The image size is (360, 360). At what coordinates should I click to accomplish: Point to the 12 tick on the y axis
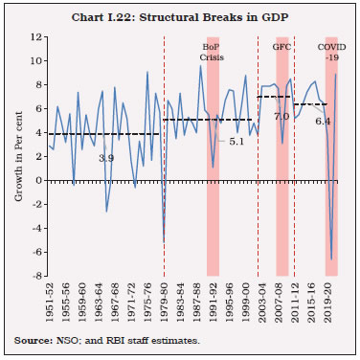[x=35, y=36]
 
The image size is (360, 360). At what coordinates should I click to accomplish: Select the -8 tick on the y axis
[x=35, y=276]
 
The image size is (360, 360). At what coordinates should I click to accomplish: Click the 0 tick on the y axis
[x=37, y=180]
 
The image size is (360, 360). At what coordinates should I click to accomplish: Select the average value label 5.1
[x=238, y=141]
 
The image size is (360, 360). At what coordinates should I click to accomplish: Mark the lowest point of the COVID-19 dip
[x=331, y=259]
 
